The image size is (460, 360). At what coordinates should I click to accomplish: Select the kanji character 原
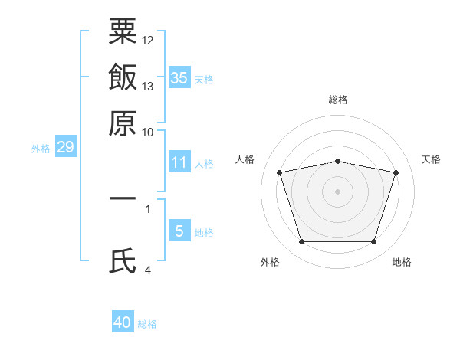(x=123, y=123)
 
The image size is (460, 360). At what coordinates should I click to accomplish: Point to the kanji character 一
(x=123, y=199)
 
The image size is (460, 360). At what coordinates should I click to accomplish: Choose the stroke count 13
(x=148, y=87)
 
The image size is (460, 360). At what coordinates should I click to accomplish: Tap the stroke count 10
(x=148, y=133)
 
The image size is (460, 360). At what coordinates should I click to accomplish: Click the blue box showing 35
(x=179, y=77)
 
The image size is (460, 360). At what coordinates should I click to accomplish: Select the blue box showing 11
(x=179, y=162)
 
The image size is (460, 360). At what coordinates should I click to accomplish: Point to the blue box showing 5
(x=179, y=231)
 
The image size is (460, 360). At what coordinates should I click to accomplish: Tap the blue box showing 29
(x=65, y=147)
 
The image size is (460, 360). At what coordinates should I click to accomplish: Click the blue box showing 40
(x=123, y=322)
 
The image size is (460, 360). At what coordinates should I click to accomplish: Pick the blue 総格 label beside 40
(x=147, y=324)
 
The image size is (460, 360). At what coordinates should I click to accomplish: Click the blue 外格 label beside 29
(x=41, y=149)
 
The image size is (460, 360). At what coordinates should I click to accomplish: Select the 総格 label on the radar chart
(x=338, y=100)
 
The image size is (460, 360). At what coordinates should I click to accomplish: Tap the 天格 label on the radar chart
(x=431, y=159)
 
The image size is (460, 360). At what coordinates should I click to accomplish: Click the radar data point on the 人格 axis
(x=280, y=172)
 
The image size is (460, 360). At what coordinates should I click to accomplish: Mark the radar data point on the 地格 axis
(x=373, y=242)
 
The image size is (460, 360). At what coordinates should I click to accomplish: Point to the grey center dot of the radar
(x=338, y=191)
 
